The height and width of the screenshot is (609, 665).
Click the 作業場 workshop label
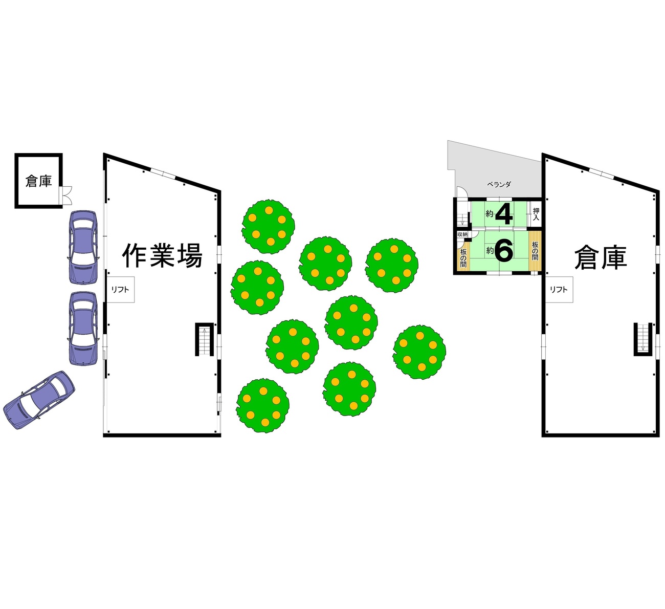point(162,256)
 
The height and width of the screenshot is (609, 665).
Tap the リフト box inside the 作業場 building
point(120,290)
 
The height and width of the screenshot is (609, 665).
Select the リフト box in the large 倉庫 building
point(559,290)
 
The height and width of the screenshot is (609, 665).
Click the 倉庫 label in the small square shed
point(38,181)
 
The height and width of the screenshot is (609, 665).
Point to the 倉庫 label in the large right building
point(600,257)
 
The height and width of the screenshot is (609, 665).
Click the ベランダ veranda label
point(499,184)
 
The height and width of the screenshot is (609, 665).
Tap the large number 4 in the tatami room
point(504,214)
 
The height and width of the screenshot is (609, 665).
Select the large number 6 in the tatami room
point(504,251)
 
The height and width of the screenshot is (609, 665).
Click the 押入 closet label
point(536,214)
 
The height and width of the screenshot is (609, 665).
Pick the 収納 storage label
point(462,234)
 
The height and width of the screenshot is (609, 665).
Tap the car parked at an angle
point(39,400)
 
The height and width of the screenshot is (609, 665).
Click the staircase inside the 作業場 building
point(204,339)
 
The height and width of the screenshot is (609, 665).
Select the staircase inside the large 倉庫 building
point(643,338)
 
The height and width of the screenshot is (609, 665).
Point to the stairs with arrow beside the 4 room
point(462,214)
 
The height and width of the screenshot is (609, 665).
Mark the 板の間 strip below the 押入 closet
point(535,251)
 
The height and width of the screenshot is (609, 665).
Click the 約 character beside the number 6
point(490,251)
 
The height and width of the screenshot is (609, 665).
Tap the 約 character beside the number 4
point(489,214)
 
